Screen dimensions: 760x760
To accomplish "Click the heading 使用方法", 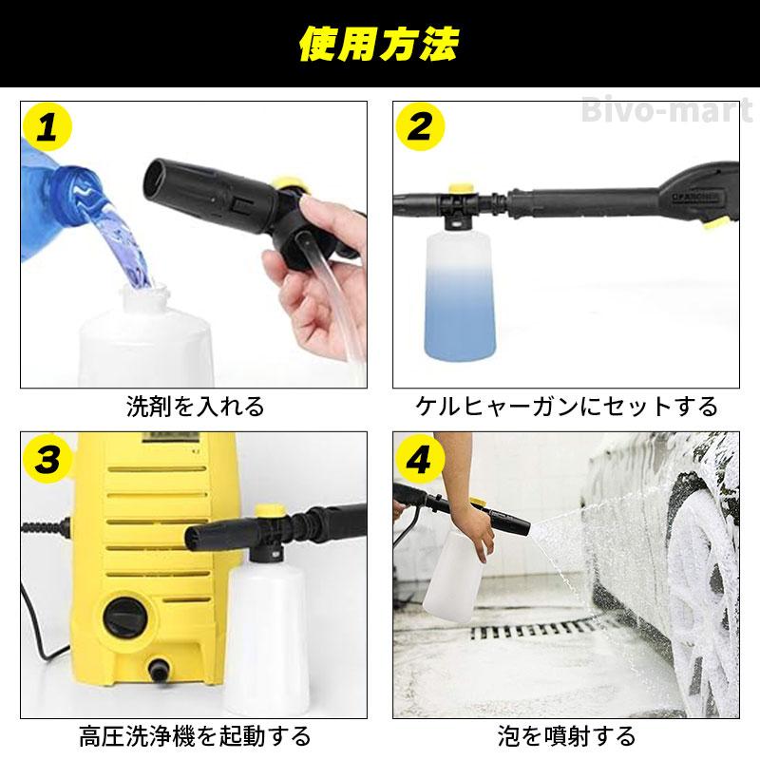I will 379,44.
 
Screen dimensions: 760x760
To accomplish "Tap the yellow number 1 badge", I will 47,128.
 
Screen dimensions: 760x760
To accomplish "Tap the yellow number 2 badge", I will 421,128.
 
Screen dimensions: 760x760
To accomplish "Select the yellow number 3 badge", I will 47,460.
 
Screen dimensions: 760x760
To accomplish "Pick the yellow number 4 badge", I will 421,460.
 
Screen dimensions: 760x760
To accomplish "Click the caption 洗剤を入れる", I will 195,408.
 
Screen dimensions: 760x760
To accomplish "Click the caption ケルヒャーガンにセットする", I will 567,408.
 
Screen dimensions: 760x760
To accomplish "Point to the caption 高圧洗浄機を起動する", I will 195,735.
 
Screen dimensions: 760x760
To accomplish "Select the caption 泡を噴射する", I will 567,735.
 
